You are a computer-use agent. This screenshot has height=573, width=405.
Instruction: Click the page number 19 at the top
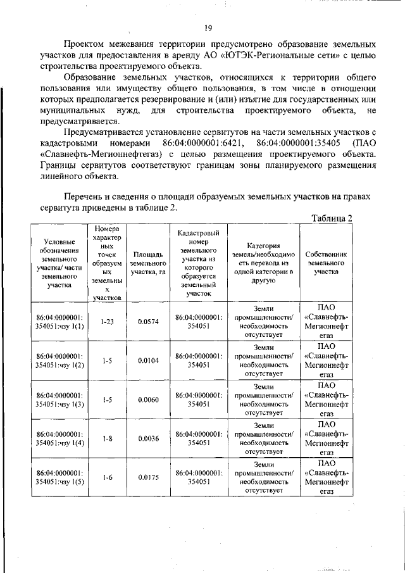[208, 27]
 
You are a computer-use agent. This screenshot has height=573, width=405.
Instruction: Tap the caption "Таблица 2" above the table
[333, 218]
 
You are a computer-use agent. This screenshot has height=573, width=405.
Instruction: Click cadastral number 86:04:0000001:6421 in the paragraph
[204, 144]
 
